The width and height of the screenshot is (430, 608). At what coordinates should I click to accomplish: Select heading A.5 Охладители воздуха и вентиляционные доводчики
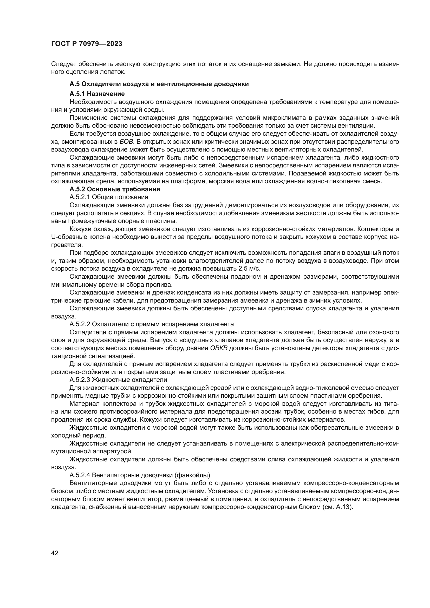pyautogui.click(x=159, y=84)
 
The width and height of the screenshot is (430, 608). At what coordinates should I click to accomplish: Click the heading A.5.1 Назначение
pyautogui.click(x=97, y=94)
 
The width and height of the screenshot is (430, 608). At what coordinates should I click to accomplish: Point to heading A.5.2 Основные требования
pyautogui.click(x=115, y=189)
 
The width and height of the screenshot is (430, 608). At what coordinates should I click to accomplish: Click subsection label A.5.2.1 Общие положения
pyautogui.click(x=109, y=197)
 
